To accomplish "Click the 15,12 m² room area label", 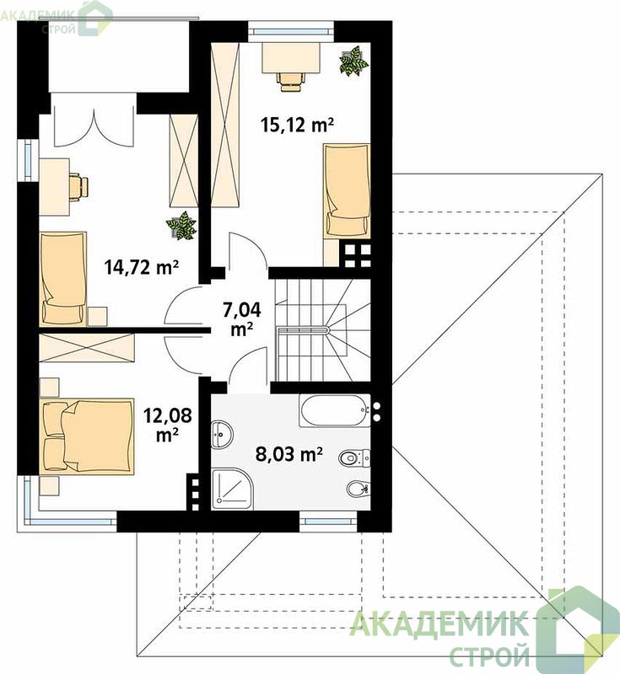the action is tap(297, 125).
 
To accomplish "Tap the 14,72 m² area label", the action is tap(142, 267).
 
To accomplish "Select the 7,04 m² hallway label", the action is tap(242, 319).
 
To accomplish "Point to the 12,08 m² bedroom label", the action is tap(168, 425).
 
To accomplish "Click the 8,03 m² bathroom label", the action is tap(289, 454).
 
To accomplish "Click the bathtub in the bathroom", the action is tap(335, 410).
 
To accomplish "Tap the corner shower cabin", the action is tap(233, 489).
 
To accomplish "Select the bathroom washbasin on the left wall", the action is tap(222, 434).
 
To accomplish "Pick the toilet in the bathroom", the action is tap(354, 457).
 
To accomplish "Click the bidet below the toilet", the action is tap(358, 488).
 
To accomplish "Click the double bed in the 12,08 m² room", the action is tap(87, 436).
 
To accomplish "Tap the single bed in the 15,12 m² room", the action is tap(347, 190).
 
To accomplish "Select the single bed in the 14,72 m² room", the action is tap(63, 278).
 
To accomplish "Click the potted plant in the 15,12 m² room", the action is tap(353, 62).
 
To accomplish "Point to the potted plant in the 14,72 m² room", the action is tap(181, 225).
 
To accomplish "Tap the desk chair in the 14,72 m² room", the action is tap(78, 185).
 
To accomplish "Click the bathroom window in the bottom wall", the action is tap(328, 521).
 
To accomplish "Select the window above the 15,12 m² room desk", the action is tap(291, 31).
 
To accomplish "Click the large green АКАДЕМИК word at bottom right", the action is tap(438, 623).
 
